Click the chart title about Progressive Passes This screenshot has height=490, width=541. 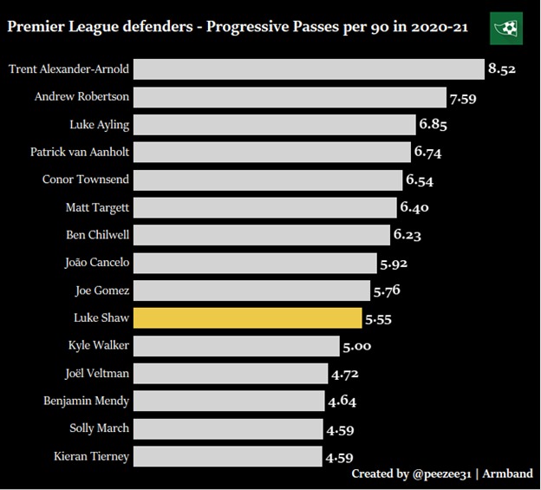pos(238,27)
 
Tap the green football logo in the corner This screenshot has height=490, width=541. pos(506,28)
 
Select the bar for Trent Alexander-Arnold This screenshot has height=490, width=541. pos(309,69)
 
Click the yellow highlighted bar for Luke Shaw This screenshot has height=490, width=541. pos(247,318)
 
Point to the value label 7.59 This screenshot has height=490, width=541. pos(462,97)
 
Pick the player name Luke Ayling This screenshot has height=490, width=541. pos(100,125)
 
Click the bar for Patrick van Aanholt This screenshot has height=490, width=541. pos(271,153)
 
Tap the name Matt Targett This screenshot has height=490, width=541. pos(97,208)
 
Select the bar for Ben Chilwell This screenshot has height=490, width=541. pos(261,235)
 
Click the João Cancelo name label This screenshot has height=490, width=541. pos(97,263)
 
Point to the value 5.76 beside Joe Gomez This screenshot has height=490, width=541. pos(387,291)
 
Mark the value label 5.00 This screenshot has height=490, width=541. pos(356,346)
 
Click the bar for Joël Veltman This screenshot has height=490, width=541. pos(230,374)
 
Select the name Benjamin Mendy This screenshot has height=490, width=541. pos(87,402)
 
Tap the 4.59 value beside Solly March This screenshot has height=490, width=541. pos(339,429)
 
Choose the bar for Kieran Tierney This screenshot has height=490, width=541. pos(227,456)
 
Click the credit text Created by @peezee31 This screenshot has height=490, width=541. pos(404,474)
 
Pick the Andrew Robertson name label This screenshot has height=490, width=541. pos(81,97)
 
